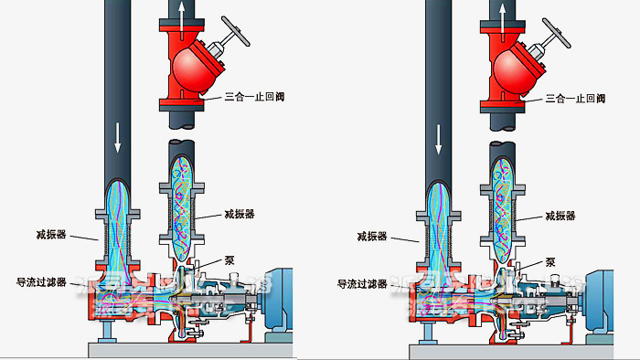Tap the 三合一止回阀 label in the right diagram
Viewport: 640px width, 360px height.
574,97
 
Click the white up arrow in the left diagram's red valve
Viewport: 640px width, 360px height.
181,17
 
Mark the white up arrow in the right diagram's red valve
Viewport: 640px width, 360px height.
502,17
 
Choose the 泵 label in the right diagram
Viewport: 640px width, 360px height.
550,259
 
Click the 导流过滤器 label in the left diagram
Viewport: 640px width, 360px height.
41,282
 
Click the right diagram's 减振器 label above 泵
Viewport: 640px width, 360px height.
560,216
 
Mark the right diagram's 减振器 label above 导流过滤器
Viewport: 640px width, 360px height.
373,236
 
